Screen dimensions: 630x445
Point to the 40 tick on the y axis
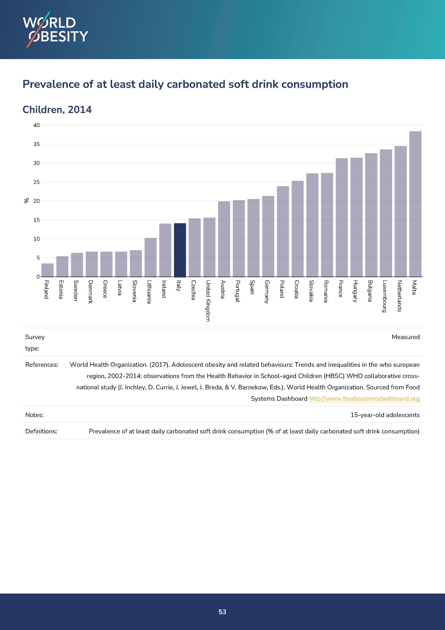tap(36, 125)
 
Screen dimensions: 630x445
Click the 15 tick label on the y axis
tap(36, 220)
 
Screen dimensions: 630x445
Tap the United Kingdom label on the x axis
tap(208, 301)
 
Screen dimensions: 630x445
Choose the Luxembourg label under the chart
tap(384, 296)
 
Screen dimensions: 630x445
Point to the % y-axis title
tap(27, 201)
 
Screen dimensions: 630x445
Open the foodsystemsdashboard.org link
tap(364, 399)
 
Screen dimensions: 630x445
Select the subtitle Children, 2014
tap(57, 110)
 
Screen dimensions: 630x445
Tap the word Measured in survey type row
tap(406, 337)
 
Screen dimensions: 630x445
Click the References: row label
tap(42, 365)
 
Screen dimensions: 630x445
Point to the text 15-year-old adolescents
tap(385, 415)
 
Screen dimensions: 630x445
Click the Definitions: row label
tap(41, 431)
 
